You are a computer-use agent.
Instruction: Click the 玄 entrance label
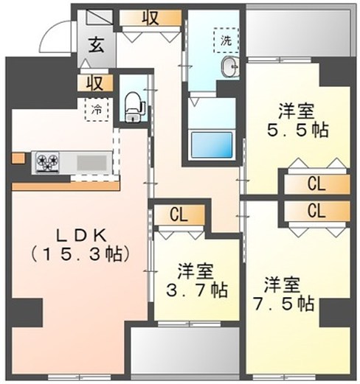[x=97, y=45]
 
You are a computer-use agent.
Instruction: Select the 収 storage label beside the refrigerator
[x=95, y=82]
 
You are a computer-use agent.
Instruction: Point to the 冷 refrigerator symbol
[x=97, y=110]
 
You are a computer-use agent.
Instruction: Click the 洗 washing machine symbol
[x=226, y=40]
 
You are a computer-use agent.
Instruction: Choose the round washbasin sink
[x=230, y=69]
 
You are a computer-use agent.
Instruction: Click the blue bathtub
[x=212, y=143]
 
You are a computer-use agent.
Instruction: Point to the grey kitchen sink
[x=90, y=161]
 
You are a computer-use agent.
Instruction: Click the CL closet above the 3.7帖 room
[x=178, y=215]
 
